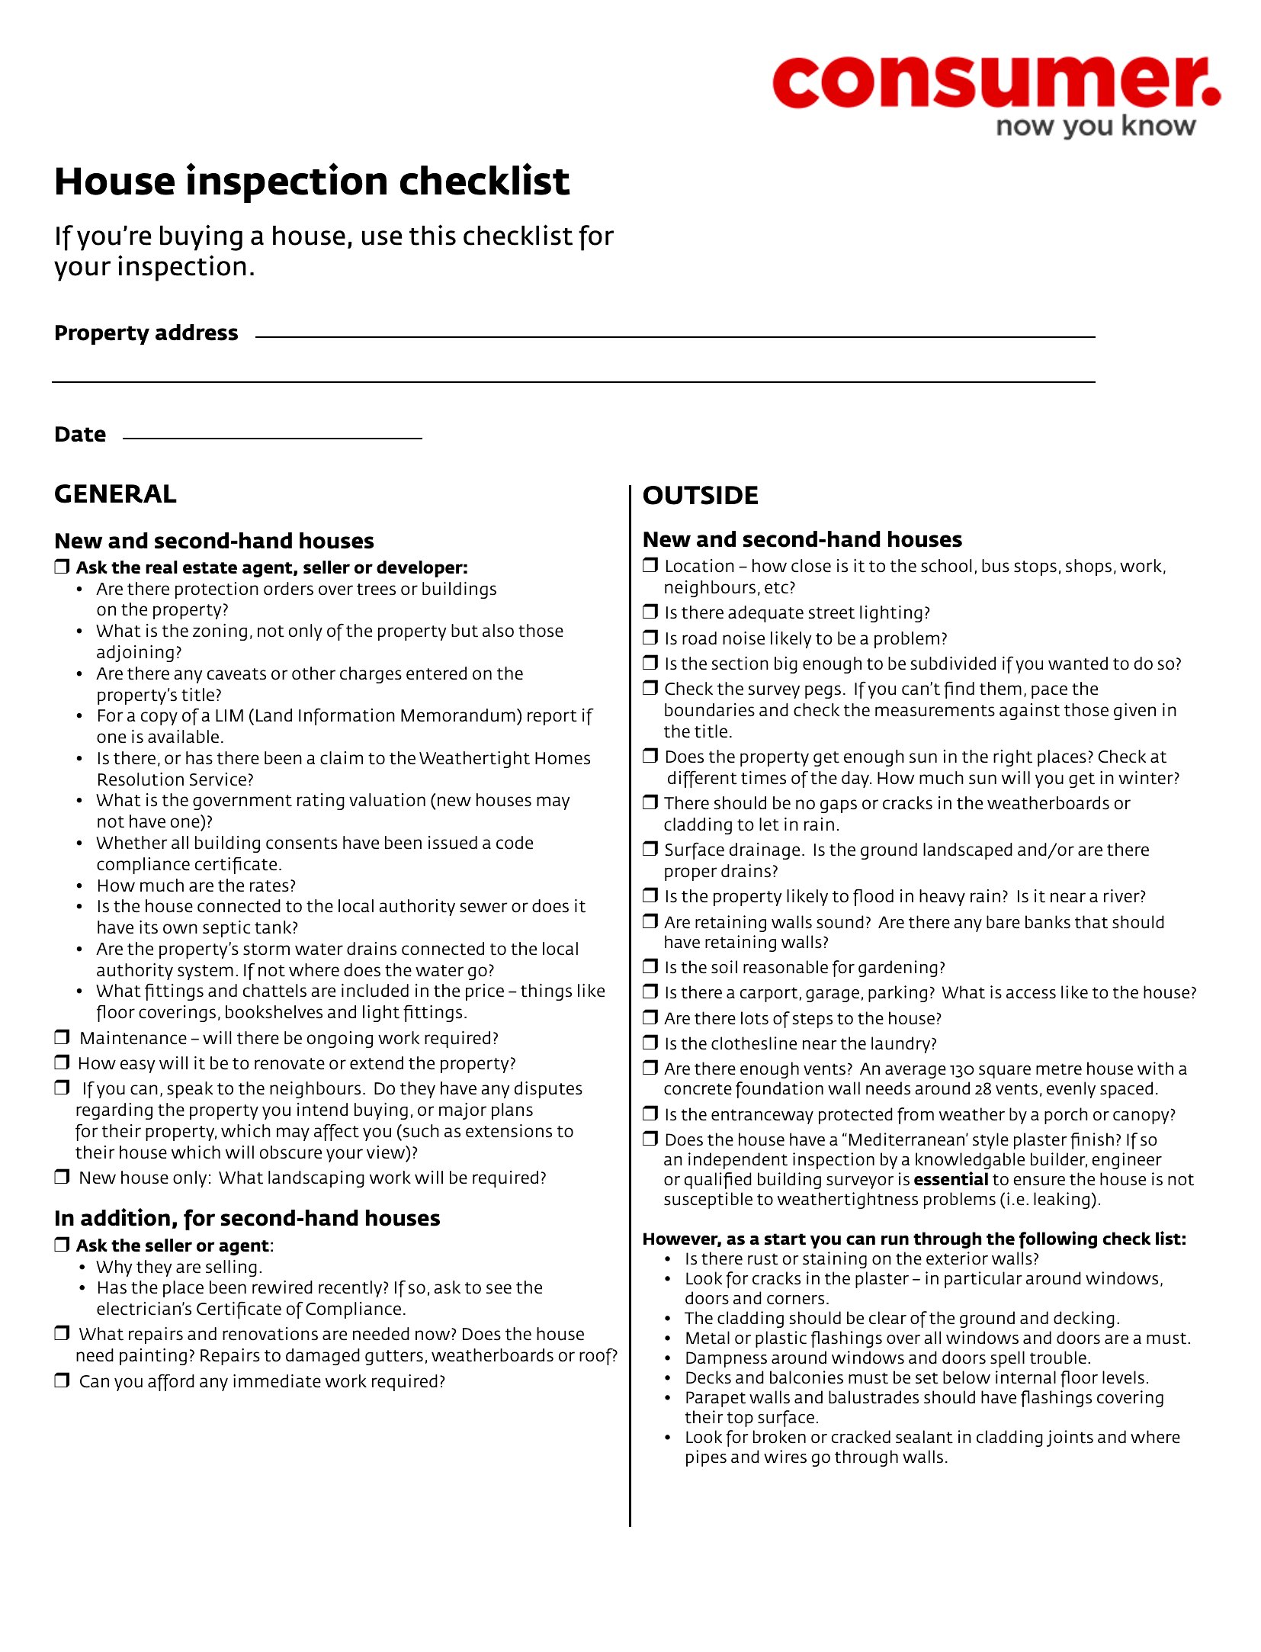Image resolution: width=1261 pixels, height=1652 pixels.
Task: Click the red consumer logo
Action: pos(995,82)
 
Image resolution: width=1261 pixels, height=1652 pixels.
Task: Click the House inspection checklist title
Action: pos(312,182)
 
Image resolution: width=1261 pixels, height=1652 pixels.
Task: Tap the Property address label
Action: pos(146,333)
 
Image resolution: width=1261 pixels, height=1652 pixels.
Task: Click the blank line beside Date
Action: pos(272,437)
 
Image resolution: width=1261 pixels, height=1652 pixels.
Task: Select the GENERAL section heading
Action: pos(115,494)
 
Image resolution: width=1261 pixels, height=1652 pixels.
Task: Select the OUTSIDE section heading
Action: pos(700,496)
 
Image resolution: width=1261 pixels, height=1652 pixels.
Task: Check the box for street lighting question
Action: pos(650,612)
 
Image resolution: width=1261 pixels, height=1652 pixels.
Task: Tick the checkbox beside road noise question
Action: pos(650,638)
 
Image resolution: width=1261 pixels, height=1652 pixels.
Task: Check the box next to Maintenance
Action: pos(62,1037)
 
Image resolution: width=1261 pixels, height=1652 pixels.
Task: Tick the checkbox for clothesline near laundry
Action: pos(650,1043)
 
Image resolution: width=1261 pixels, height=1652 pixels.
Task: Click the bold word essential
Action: pos(950,1180)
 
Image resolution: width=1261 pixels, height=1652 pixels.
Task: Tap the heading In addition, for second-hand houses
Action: pos(247,1218)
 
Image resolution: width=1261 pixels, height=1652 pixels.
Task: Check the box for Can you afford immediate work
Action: pos(62,1380)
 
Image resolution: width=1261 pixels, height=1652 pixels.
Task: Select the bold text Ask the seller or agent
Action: pos(172,1245)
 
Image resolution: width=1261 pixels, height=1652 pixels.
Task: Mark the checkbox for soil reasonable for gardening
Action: pos(650,966)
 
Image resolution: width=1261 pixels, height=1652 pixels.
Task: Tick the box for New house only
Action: pos(62,1177)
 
